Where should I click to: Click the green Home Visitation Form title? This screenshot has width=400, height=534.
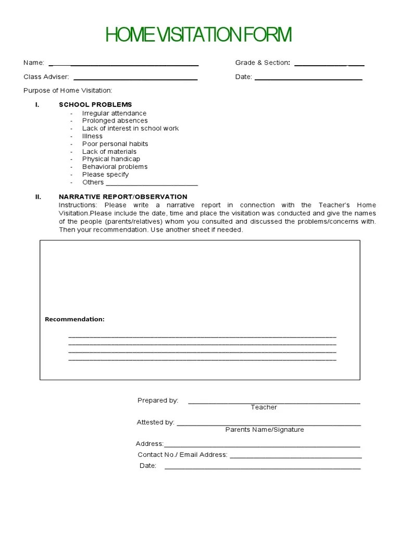click(x=198, y=35)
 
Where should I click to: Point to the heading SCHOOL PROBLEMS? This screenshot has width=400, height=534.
click(x=95, y=105)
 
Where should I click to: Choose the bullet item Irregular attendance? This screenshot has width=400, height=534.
click(x=114, y=113)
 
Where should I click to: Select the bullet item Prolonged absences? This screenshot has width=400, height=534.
click(x=115, y=120)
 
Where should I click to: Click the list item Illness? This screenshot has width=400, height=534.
click(x=92, y=136)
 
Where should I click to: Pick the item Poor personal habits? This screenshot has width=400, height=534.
click(x=115, y=144)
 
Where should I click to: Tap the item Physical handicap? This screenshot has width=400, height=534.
click(x=111, y=159)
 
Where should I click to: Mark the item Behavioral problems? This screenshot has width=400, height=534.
click(x=115, y=167)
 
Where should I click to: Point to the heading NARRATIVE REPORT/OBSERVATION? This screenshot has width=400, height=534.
click(x=123, y=197)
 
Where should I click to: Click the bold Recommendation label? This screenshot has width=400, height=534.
click(x=74, y=319)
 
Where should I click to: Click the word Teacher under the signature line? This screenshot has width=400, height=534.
click(x=264, y=407)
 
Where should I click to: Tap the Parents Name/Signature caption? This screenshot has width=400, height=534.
click(x=265, y=430)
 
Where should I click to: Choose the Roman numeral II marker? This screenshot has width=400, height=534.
click(x=37, y=197)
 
